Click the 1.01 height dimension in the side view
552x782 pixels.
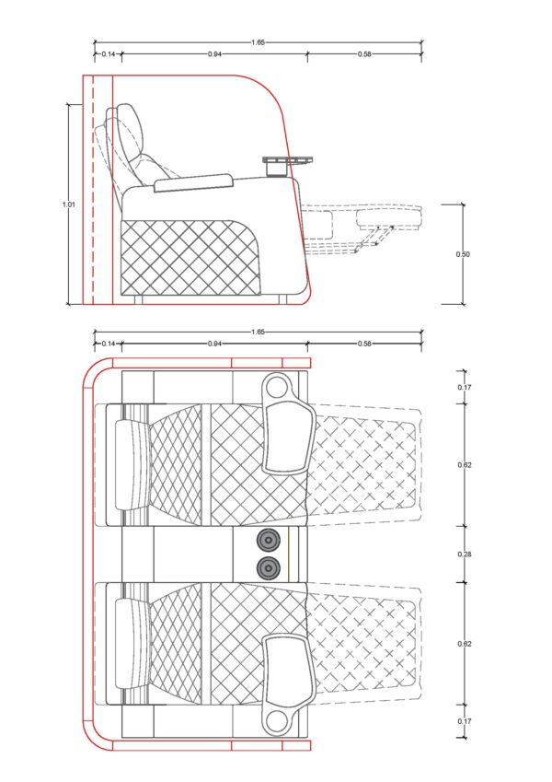tap(69, 204)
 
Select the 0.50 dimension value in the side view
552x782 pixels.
tap(463, 254)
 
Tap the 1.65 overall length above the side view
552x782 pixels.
tap(258, 42)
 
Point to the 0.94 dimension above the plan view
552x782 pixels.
tap(214, 344)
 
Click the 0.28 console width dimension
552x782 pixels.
tap(465, 554)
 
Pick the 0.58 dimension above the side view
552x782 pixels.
tap(364, 53)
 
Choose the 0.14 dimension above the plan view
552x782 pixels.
tap(109, 344)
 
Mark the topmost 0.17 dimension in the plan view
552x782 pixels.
tap(465, 387)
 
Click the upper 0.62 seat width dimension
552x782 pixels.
tap(465, 465)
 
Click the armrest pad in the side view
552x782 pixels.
tap(194, 182)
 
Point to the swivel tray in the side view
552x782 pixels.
tap(287, 160)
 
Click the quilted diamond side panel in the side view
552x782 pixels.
tap(190, 257)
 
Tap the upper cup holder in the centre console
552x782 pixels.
tap(268, 539)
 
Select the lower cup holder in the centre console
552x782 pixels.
tap(268, 567)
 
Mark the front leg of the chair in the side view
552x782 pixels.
tap(282, 299)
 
